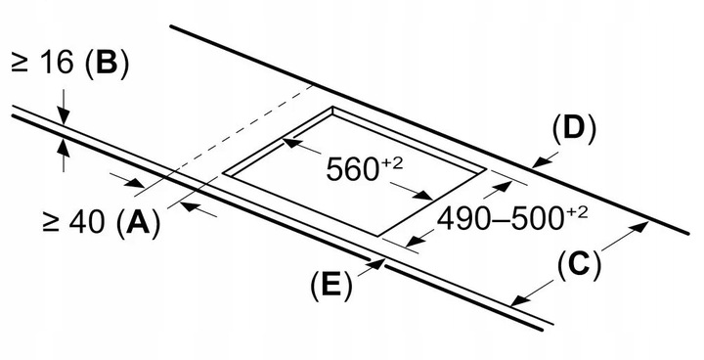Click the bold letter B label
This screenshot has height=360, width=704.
click(106, 62)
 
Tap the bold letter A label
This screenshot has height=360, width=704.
click(138, 222)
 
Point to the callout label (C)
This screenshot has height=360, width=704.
click(579, 265)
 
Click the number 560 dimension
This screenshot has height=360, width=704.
click(352, 170)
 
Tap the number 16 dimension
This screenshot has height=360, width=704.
click(56, 62)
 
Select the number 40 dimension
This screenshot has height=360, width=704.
click(88, 221)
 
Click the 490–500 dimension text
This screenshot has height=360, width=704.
click(501, 220)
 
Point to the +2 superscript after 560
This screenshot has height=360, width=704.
click(391, 162)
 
